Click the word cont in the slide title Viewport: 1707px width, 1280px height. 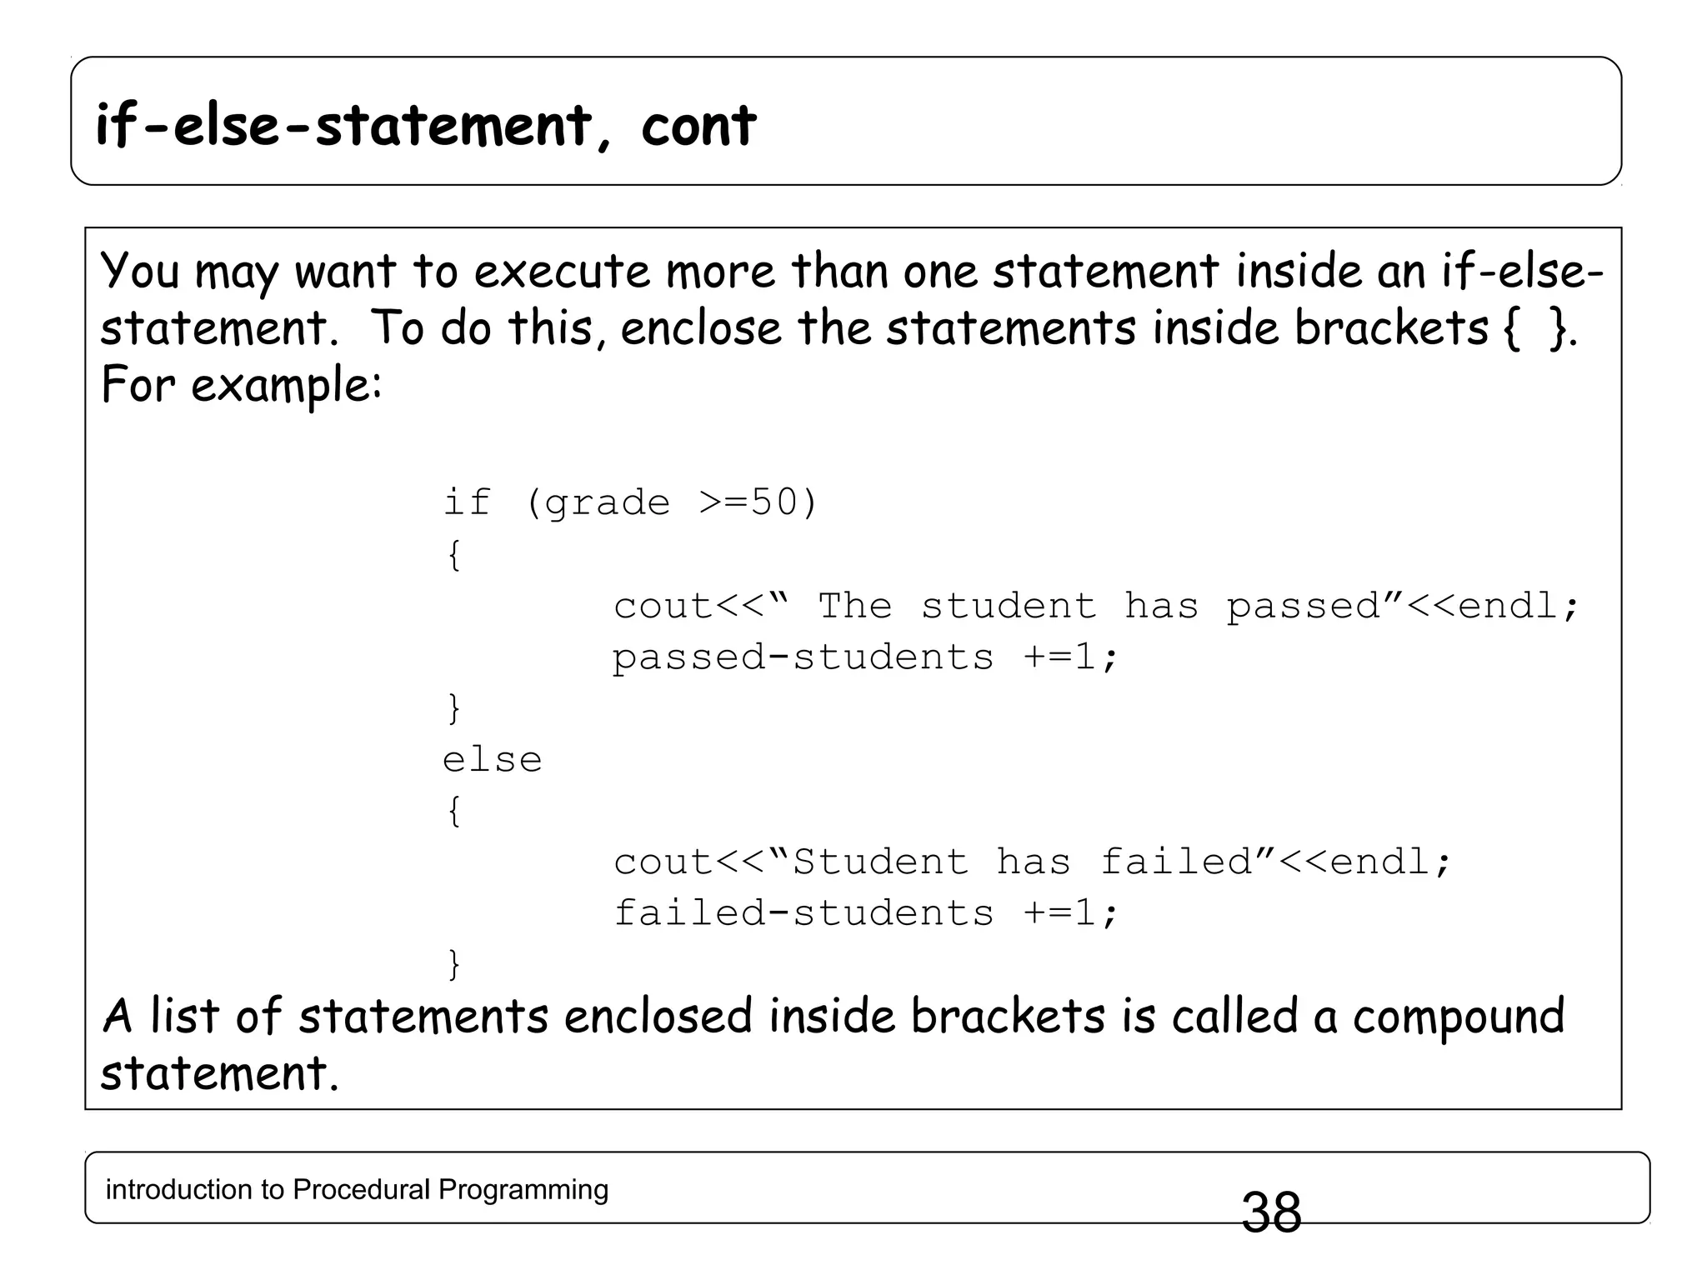coord(698,126)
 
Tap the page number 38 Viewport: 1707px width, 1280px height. coord(1271,1212)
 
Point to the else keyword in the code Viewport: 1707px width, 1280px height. coord(492,760)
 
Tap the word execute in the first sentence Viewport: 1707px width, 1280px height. coord(561,272)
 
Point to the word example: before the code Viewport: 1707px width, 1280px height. coord(286,386)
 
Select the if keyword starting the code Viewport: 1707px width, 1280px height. coord(466,502)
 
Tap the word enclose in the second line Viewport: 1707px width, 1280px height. coord(701,328)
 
